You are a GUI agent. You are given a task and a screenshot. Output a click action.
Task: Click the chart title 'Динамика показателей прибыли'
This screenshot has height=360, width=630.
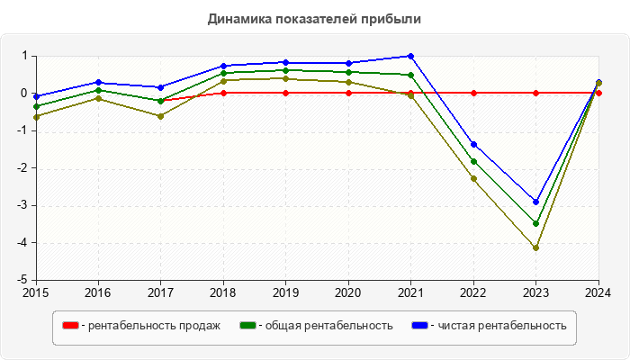(x=314, y=18)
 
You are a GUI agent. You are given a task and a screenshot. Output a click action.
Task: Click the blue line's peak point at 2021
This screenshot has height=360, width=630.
(x=411, y=56)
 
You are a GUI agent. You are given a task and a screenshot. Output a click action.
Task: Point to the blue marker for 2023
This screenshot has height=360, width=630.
(x=536, y=202)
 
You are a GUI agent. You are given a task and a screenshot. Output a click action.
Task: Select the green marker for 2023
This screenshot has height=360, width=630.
(x=536, y=223)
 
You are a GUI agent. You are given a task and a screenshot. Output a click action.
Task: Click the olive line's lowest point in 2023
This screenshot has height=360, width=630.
(x=536, y=247)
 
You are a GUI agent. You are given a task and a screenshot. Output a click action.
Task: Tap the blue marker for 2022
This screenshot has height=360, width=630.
(x=473, y=144)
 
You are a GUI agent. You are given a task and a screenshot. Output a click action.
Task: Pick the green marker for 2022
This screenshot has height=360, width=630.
(x=473, y=162)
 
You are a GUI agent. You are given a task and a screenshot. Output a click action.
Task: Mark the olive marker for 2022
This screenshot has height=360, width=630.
(x=473, y=178)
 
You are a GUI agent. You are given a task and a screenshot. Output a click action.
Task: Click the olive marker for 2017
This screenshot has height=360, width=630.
(x=161, y=116)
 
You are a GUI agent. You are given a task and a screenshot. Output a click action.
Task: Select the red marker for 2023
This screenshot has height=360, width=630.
(x=536, y=93)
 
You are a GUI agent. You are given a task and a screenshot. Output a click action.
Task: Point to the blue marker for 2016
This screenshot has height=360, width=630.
(x=98, y=82)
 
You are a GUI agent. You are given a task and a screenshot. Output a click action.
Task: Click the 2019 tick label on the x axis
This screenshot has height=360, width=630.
(x=286, y=292)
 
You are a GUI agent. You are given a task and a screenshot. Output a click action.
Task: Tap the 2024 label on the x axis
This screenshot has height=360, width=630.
(x=598, y=292)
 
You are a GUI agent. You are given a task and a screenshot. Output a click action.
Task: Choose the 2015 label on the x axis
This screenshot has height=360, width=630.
(x=36, y=292)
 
